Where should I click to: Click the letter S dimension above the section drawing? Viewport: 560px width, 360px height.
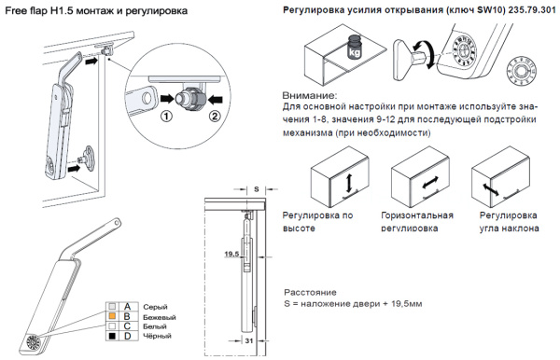257,187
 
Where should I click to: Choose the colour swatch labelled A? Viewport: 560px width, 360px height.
112,307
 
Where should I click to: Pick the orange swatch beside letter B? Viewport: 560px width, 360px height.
112,317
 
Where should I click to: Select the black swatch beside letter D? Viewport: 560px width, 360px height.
112,338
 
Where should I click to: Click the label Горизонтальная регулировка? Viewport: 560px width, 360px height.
423,221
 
